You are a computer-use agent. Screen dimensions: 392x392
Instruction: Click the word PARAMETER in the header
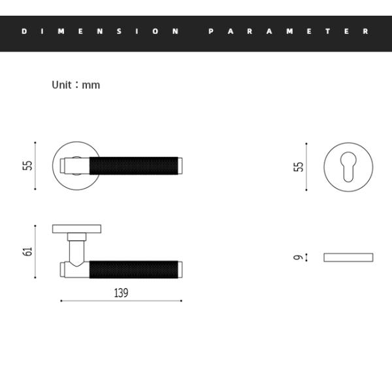pos(288,31)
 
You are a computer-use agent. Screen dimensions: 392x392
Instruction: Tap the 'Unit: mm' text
pos(76,85)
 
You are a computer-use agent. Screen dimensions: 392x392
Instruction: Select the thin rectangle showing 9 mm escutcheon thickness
pos(348,257)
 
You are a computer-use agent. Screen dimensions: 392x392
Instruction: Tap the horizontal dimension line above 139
pos(121,301)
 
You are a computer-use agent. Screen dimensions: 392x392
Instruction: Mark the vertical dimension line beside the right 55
pos(306,167)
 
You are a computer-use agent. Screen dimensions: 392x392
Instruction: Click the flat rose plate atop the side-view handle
pos(76,229)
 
